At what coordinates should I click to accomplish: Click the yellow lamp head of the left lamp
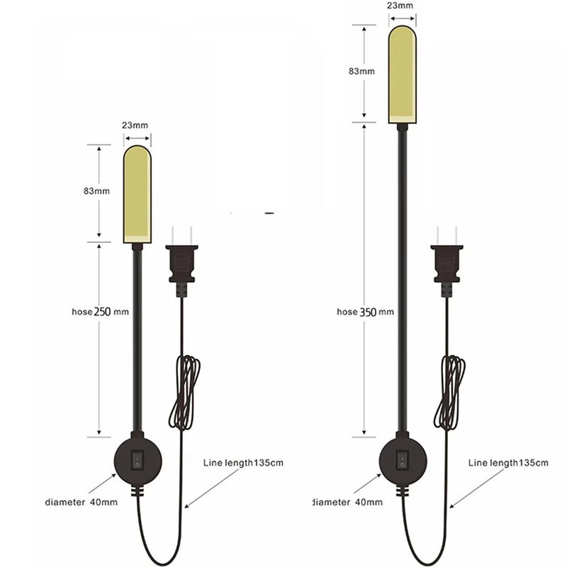[137, 194]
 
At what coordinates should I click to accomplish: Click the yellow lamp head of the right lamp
[403, 74]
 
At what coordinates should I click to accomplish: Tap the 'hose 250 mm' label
[100, 312]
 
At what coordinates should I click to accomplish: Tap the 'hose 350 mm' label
[365, 312]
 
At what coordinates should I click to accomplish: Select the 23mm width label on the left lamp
[135, 125]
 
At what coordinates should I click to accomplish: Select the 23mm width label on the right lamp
[400, 6]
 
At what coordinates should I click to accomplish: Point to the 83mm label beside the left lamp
[96, 191]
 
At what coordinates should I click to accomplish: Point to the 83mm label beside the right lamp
[361, 72]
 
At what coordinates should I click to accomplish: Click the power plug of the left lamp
[182, 262]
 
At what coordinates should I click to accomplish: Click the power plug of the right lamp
[447, 262]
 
